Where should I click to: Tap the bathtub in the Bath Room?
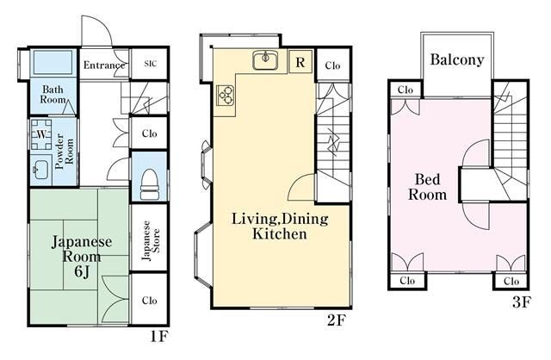point(53,62)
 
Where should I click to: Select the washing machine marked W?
point(41,134)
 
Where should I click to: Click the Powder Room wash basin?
point(40,171)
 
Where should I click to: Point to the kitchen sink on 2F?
point(265,60)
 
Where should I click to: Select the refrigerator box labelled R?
point(300,62)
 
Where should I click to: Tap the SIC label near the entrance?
point(151,64)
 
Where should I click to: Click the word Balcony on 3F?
point(457,59)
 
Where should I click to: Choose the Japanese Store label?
point(152,241)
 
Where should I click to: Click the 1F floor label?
point(160,337)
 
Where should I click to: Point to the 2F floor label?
point(337,320)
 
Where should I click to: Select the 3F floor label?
point(521,301)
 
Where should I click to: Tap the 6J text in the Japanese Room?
point(82,271)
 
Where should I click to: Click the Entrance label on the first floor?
point(104,65)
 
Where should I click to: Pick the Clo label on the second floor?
point(332,65)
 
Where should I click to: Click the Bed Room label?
point(427,187)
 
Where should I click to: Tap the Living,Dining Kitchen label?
point(280,226)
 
